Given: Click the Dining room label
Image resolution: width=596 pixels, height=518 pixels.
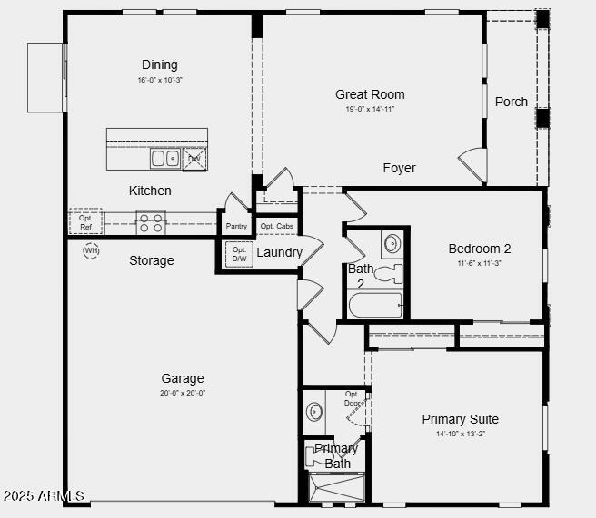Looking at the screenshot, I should click(x=159, y=64).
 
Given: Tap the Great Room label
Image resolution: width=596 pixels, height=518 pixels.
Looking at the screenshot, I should click(x=370, y=94).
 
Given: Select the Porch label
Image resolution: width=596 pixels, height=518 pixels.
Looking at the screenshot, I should click(x=512, y=102).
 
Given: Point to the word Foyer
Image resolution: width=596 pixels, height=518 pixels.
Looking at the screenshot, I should click(x=399, y=168).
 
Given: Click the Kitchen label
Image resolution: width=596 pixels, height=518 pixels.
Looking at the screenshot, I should click(x=150, y=191).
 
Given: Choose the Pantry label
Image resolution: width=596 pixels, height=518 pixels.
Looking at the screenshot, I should click(x=236, y=226).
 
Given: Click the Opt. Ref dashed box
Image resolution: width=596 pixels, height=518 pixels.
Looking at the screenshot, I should click(x=86, y=222).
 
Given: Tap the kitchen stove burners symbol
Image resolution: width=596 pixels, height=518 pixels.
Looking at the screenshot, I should click(x=151, y=222).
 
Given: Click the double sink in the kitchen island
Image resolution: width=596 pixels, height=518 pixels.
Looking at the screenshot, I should click(x=165, y=159).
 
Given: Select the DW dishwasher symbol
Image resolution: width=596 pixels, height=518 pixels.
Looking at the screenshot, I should click(x=194, y=159).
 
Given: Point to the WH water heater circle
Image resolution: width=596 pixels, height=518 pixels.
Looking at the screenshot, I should click(x=91, y=249).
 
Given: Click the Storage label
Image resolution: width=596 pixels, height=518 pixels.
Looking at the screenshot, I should click(x=151, y=260).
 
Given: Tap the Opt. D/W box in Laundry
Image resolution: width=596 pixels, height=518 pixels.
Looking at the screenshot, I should click(x=239, y=254).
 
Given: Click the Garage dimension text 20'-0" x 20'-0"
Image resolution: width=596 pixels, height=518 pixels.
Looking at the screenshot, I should click(x=183, y=393).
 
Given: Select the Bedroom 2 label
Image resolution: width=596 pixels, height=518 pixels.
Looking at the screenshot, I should click(x=480, y=249).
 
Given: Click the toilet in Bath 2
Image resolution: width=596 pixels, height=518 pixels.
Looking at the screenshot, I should click(x=388, y=273).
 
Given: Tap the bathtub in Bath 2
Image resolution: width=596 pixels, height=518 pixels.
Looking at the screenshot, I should click(x=375, y=306).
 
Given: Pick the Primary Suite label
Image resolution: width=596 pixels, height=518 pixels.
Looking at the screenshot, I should click(x=460, y=419).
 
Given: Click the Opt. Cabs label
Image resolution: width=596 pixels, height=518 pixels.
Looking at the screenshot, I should click(x=276, y=226).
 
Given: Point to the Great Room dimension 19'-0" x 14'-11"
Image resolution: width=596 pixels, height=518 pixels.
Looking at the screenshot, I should click(x=370, y=109).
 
